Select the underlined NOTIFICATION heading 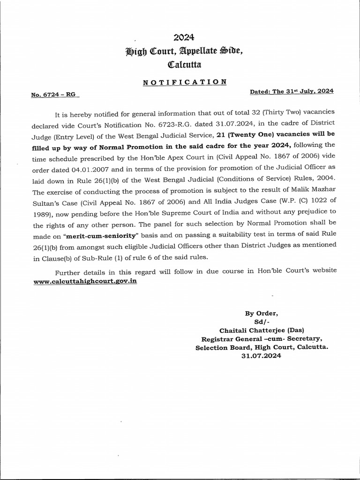click(x=184, y=82)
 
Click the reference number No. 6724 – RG click(x=53, y=95)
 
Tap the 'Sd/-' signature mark click(x=259, y=322)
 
